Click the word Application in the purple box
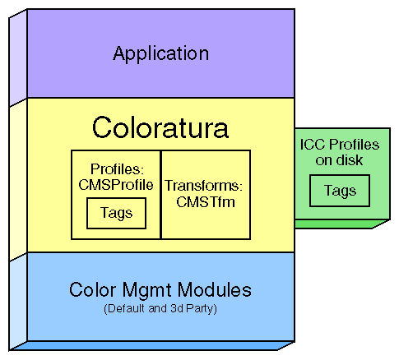[160, 54]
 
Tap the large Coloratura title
[160, 128]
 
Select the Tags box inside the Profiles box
[116, 214]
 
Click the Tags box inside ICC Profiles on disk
[339, 191]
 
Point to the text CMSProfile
[116, 185]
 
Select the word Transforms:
[204, 186]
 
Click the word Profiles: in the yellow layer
[116, 170]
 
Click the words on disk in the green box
[339, 160]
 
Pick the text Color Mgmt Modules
[160, 290]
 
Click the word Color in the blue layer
[89, 290]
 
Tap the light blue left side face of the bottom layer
[18, 304]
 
